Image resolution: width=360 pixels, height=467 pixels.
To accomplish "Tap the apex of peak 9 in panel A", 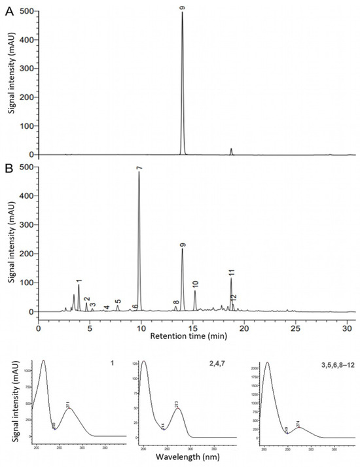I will pos(182,12).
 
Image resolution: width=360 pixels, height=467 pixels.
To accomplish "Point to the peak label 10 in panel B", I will pos(195,284).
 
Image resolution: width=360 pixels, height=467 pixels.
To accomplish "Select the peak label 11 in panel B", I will pos(231,272).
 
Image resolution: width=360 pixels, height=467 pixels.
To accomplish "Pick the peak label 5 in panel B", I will pos(118,302).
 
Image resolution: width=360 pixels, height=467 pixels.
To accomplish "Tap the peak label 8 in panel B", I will pos(175,303).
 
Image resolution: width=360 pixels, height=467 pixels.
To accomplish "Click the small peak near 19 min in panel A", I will pos(231,151).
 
